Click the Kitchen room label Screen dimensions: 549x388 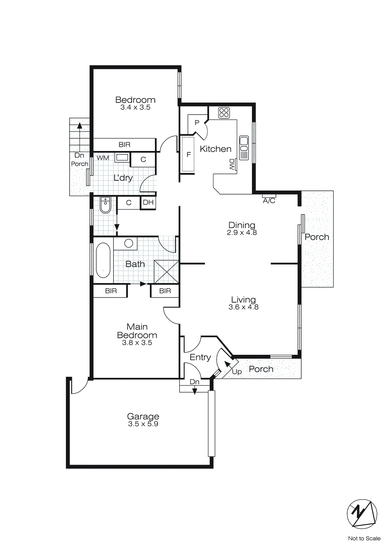pyautogui.click(x=216, y=149)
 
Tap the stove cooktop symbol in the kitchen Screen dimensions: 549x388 pyautogui.click(x=224, y=113)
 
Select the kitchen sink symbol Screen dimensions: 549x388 pyautogui.click(x=244, y=148)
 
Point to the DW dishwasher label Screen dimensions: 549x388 pyautogui.click(x=232, y=165)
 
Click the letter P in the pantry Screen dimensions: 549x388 pyautogui.click(x=197, y=122)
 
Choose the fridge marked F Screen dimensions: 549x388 pyautogui.click(x=188, y=154)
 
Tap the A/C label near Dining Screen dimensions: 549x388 pyautogui.click(x=269, y=201)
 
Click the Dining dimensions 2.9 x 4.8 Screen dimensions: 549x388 pyautogui.click(x=242, y=233)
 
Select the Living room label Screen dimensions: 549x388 pyautogui.click(x=243, y=300)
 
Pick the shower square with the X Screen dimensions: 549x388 pyautogui.click(x=167, y=272)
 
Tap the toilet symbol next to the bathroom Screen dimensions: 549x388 pyautogui.click(x=106, y=205)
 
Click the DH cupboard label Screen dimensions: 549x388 pyautogui.click(x=148, y=202)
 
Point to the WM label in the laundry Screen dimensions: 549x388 pyautogui.click(x=103, y=158)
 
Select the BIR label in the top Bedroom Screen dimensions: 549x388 pyautogui.click(x=124, y=145)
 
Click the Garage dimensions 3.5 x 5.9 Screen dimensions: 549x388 pyautogui.click(x=143, y=424)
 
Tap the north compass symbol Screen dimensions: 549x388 pyautogui.click(x=362, y=514)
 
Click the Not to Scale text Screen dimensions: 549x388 pyautogui.click(x=364, y=538)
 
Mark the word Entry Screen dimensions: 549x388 pyautogui.click(x=200, y=357)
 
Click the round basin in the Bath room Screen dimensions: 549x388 pyautogui.click(x=129, y=243)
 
